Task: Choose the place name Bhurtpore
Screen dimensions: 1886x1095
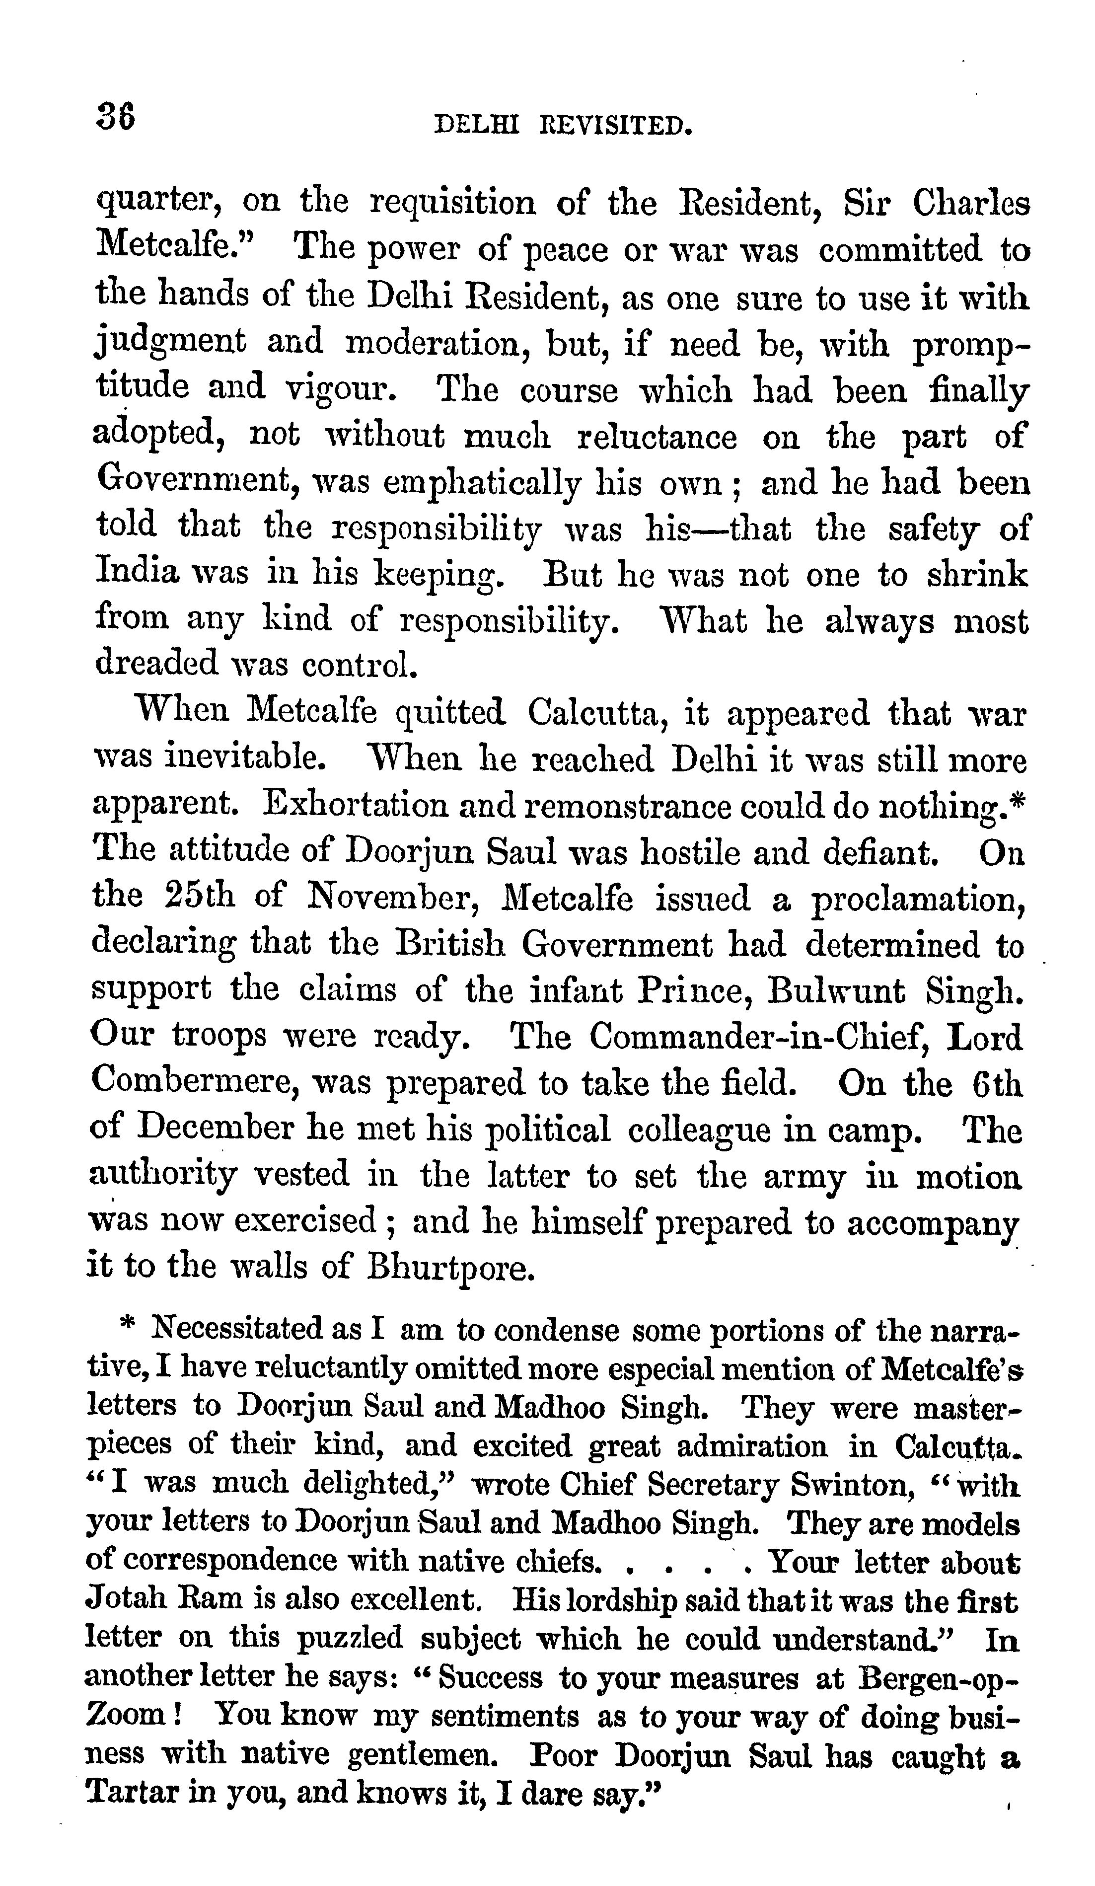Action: (x=451, y=1268)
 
